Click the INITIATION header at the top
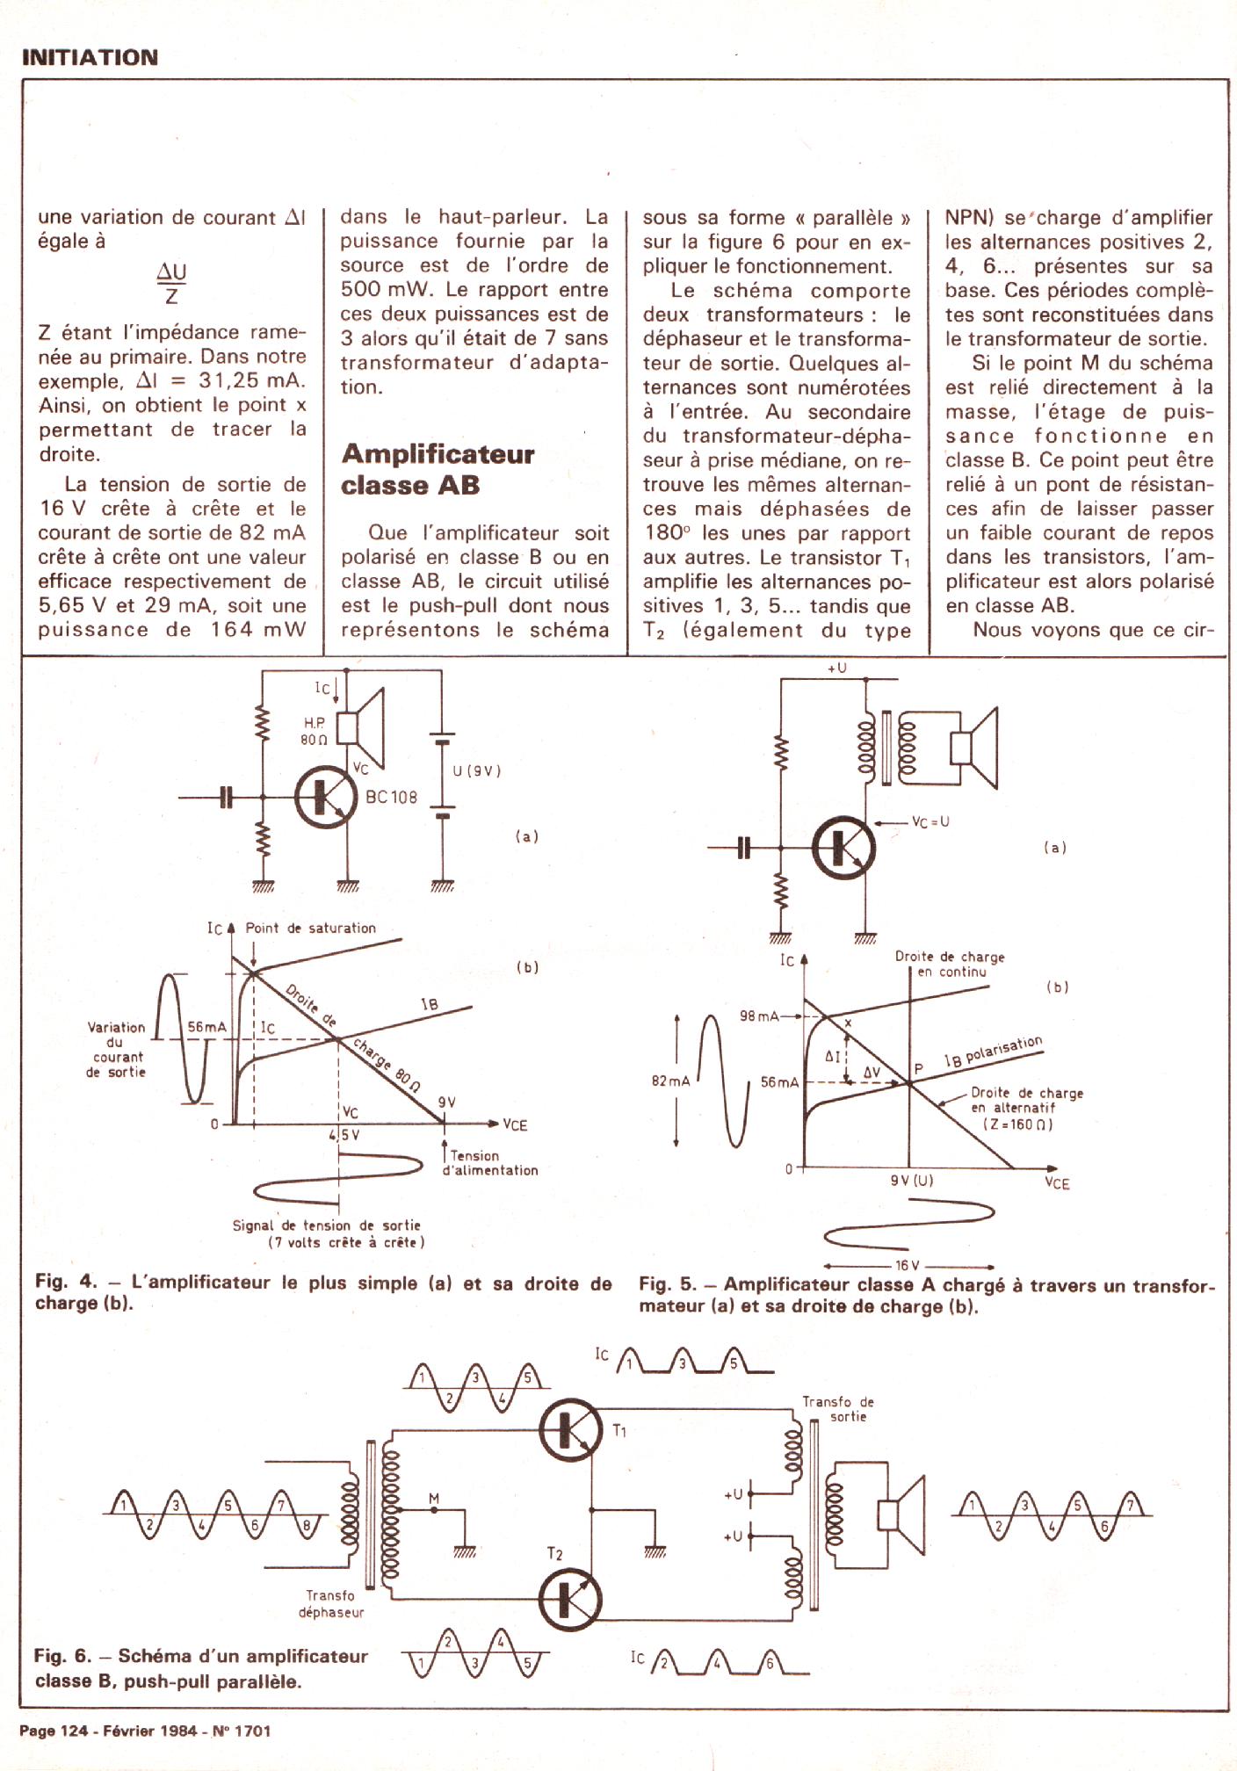(x=90, y=58)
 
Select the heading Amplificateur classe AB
(x=438, y=469)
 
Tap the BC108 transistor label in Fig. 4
(x=391, y=798)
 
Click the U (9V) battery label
(x=477, y=771)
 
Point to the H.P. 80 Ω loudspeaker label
(x=315, y=731)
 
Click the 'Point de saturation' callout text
(x=310, y=928)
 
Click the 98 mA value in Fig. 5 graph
(x=759, y=1016)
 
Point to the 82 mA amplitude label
(x=670, y=1081)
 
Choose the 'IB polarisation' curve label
(x=993, y=1052)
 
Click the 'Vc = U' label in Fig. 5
(x=930, y=822)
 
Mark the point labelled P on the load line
(x=918, y=1069)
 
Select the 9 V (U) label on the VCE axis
(x=911, y=1181)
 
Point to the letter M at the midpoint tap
(x=433, y=1498)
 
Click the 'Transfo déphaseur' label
(x=330, y=1603)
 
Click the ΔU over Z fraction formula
(x=171, y=283)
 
